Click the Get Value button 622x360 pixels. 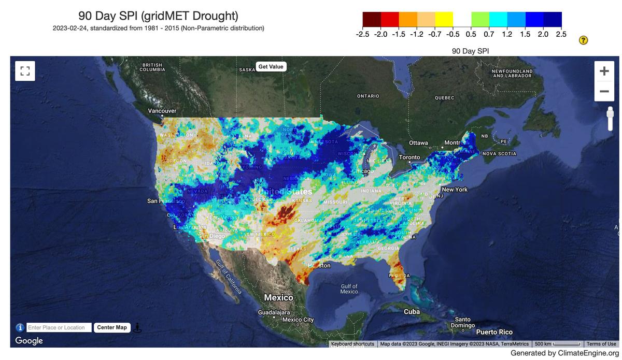(271, 67)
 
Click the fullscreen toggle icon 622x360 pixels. (25, 70)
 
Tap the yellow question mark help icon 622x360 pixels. (583, 40)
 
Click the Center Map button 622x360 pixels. (112, 327)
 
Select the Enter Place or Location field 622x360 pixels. (59, 327)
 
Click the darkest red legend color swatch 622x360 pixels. (372, 19)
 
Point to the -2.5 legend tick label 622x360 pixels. (363, 34)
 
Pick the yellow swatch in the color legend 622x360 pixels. (444, 19)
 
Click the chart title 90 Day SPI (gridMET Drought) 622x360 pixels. (158, 16)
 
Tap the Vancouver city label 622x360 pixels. (162, 111)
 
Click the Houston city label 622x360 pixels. (319, 266)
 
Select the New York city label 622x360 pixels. (455, 190)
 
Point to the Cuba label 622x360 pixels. (412, 311)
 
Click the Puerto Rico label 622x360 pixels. (494, 332)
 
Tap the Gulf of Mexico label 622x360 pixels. (349, 289)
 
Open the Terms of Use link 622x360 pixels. (601, 344)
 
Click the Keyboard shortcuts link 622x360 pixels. (352, 344)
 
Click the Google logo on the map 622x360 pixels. (29, 340)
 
